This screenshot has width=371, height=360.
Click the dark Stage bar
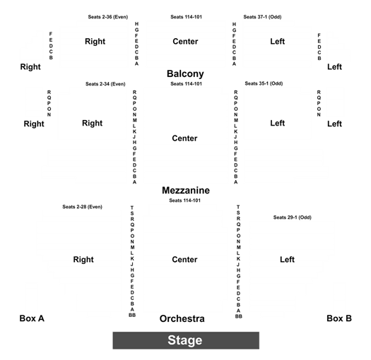186,340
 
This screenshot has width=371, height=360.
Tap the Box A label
32,318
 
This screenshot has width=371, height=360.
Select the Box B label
339,318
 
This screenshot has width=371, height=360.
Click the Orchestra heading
182,318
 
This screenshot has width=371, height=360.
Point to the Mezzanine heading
186,191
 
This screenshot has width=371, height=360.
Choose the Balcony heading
185,73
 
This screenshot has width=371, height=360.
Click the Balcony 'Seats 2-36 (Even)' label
108,17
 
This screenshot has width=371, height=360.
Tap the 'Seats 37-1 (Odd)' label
262,17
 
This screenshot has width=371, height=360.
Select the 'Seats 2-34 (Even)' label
105,84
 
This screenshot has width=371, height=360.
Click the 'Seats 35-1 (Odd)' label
264,83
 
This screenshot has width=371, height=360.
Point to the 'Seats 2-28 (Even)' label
83,207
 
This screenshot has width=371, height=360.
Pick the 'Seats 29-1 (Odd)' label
293,217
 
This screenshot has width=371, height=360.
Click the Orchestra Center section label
184,259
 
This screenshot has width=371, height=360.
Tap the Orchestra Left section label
287,259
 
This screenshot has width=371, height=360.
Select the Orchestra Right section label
83,260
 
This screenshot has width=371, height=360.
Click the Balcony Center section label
185,42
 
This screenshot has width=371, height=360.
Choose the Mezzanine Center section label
184,138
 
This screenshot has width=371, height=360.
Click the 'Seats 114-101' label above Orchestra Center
184,200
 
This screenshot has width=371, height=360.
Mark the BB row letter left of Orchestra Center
132,315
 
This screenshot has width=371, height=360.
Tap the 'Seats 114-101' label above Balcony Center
187,17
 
